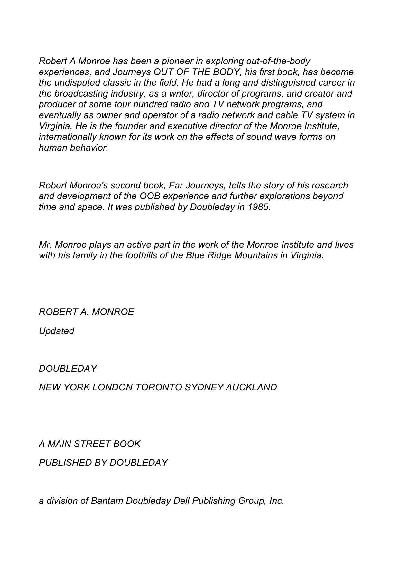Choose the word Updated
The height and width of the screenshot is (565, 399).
point(57,331)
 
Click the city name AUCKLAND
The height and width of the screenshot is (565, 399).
point(251,387)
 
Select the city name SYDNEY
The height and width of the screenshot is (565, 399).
point(204,387)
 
